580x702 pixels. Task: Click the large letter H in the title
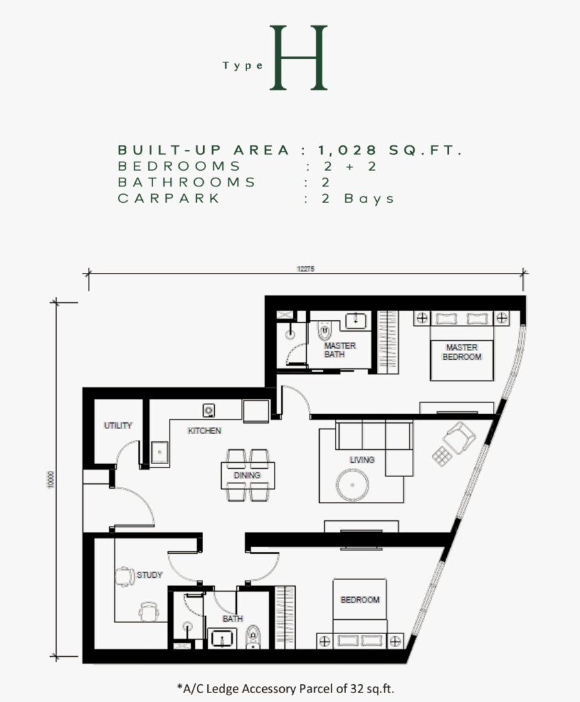299,58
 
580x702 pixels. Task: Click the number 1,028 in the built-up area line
347,150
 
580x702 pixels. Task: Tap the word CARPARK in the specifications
169,198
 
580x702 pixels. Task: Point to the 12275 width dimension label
305,269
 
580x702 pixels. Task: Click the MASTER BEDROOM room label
462,352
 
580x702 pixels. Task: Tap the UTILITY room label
118,425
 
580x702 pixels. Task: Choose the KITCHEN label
205,431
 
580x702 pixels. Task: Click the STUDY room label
150,575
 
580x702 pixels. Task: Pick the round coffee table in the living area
353,485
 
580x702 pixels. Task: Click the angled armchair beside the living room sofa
459,437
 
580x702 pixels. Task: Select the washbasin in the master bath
356,321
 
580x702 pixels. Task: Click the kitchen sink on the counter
160,453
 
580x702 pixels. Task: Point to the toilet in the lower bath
253,637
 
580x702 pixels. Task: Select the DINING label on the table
247,476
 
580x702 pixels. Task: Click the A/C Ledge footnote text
286,688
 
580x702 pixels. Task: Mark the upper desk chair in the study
125,577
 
